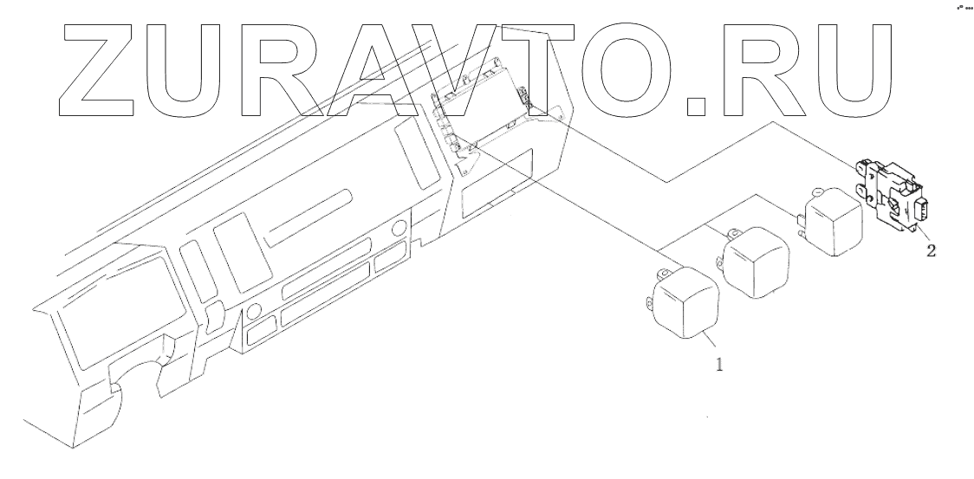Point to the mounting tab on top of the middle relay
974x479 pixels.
[734, 231]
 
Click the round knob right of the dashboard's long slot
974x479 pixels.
[399, 230]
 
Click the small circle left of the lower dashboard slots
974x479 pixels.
[254, 311]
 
